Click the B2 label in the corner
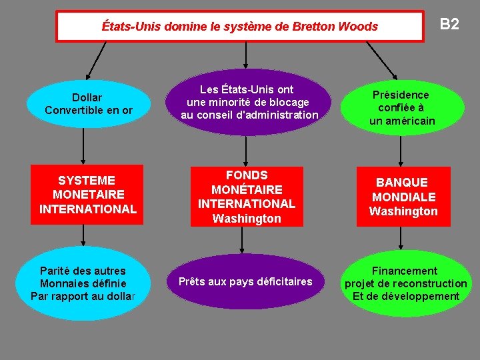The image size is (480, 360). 449,25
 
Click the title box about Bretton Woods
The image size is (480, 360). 239,27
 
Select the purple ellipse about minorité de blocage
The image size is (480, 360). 249,103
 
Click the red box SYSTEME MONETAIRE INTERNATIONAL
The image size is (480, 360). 87,195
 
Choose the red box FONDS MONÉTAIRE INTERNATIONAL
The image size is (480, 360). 247,197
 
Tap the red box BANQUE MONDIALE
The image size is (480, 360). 403,197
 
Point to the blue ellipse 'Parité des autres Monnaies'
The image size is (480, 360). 83,283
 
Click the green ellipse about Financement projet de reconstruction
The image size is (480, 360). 405,283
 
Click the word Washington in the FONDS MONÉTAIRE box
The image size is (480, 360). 247,219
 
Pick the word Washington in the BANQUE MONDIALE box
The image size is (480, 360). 403,211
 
